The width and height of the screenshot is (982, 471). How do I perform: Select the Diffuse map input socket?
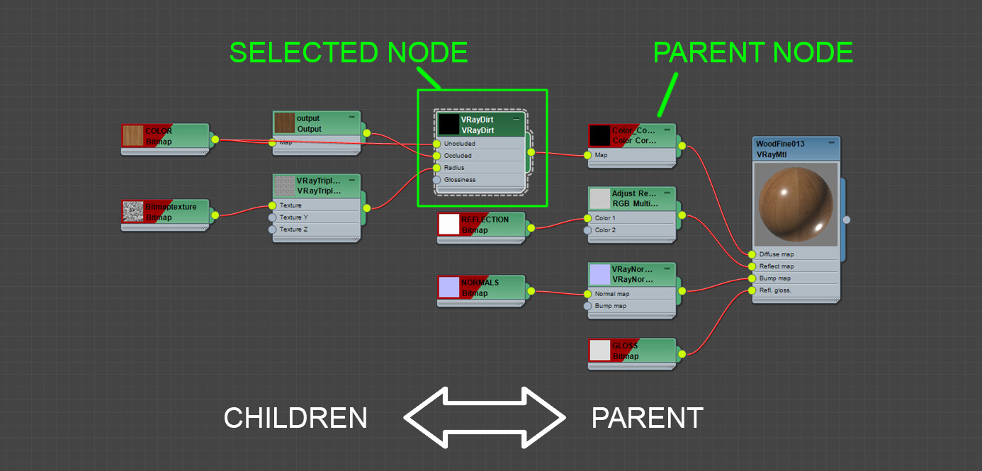tap(752, 254)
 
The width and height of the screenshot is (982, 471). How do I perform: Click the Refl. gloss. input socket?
tap(752, 290)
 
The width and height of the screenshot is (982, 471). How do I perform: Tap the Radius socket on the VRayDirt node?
tap(436, 168)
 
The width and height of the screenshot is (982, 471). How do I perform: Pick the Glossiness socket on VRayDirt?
tap(436, 180)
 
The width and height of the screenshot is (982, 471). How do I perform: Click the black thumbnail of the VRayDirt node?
tap(448, 125)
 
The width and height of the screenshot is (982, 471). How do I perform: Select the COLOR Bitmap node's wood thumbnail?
tap(132, 136)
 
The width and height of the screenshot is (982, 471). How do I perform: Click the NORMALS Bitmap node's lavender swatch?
tap(449, 287)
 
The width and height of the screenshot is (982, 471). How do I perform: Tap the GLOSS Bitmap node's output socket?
tap(682, 353)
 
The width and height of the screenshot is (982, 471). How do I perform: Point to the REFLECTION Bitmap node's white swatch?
tap(449, 224)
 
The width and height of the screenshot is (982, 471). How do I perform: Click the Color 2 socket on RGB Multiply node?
tap(587, 230)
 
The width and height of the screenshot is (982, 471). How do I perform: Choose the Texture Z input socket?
tap(272, 229)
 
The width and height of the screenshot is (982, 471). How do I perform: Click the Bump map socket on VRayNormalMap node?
tap(587, 306)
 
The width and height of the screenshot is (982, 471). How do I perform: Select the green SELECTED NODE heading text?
tap(349, 53)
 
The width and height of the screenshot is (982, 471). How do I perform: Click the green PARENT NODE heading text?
tap(752, 53)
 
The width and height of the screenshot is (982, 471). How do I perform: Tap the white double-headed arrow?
tap(485, 419)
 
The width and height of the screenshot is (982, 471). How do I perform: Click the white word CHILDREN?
tap(295, 419)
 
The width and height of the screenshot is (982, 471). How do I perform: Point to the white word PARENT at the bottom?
tap(647, 419)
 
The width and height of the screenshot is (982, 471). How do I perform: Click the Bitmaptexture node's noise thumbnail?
tap(132, 212)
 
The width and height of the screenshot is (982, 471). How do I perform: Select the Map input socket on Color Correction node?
tap(587, 155)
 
